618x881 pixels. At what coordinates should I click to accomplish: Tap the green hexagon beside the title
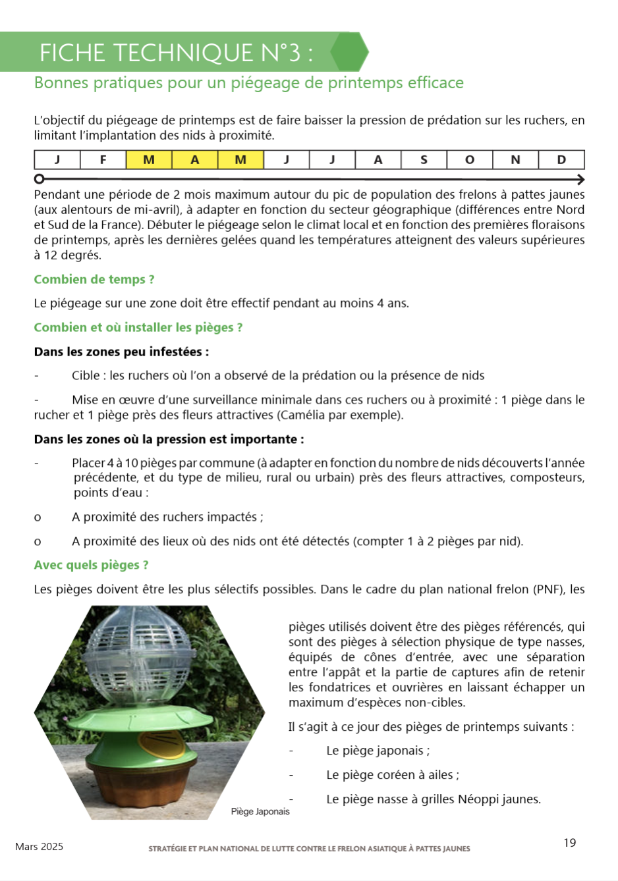[x=349, y=52]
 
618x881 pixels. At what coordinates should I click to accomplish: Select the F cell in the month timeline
[x=103, y=160]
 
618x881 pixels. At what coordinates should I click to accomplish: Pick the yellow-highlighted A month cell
[x=195, y=160]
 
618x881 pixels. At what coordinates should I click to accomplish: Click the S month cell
[x=424, y=160]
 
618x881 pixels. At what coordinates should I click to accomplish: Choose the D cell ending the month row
[x=561, y=160]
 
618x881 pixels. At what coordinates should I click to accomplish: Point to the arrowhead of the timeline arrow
[x=580, y=180]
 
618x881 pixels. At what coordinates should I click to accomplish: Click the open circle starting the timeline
[x=40, y=179]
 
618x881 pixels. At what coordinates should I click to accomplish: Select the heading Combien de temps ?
[x=94, y=279]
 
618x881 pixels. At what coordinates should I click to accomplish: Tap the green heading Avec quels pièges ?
[x=92, y=565]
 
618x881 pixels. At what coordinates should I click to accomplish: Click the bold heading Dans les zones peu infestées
[x=121, y=352]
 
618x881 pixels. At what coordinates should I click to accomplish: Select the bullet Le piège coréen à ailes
[x=393, y=775]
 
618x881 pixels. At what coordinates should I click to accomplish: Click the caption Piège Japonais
[x=260, y=812]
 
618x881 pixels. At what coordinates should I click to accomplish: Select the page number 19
[x=570, y=843]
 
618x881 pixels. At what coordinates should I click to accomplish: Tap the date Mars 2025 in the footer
[x=40, y=847]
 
